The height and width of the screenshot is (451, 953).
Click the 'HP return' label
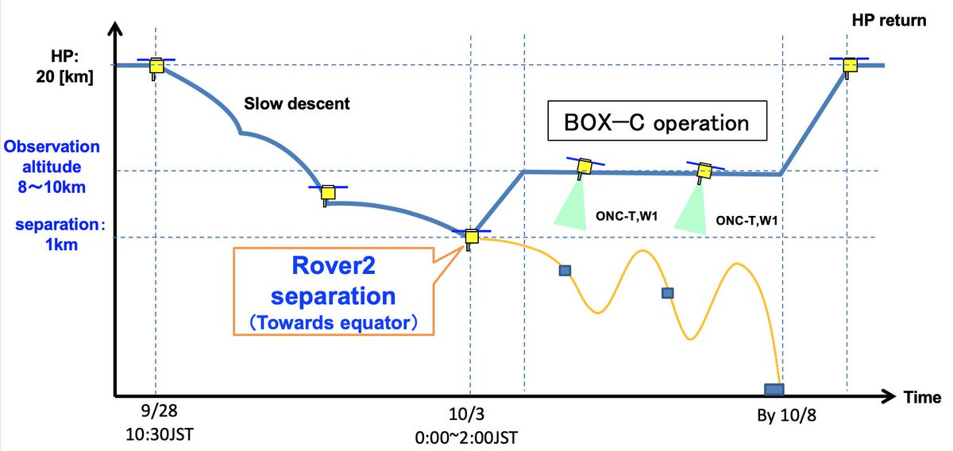(x=889, y=21)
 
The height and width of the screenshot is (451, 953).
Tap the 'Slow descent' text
(x=296, y=103)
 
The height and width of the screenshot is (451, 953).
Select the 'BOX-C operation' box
(x=657, y=121)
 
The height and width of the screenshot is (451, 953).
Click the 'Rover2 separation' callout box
(x=334, y=291)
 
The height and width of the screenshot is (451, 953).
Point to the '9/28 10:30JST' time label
(x=160, y=422)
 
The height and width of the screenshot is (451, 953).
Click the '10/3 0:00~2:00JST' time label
(x=466, y=426)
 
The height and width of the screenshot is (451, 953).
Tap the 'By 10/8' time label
(x=787, y=415)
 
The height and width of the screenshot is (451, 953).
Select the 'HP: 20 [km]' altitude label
(x=64, y=67)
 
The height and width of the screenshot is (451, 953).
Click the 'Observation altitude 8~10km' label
(x=52, y=167)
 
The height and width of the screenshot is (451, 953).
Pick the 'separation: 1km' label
(x=60, y=234)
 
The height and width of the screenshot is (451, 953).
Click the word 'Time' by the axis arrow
(x=922, y=397)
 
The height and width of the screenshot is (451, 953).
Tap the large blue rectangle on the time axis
(x=774, y=389)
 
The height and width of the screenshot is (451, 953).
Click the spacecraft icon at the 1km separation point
(x=471, y=238)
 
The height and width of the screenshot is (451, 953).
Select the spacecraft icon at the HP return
(x=850, y=67)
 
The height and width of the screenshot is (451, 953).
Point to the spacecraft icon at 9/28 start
(x=156, y=68)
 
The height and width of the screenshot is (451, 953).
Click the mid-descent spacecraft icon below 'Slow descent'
(x=327, y=195)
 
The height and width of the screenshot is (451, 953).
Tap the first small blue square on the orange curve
(x=565, y=271)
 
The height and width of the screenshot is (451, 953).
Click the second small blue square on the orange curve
(x=668, y=293)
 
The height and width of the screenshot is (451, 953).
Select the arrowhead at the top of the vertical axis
(x=115, y=27)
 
